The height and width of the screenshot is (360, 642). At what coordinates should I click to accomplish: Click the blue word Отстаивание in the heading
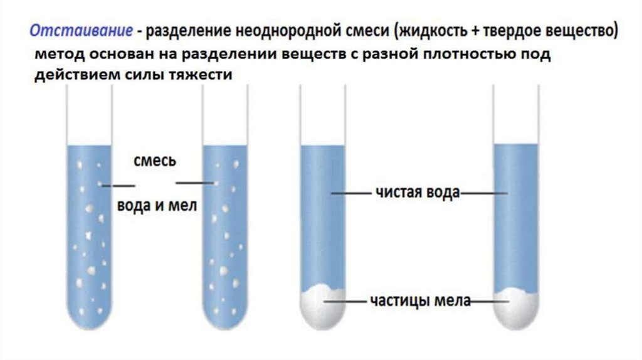tap(82, 31)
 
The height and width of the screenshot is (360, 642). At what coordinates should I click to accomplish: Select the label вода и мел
tap(157, 206)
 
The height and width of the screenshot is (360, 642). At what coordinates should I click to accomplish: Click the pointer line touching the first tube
tap(118, 186)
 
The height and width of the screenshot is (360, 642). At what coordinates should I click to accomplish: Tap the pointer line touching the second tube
tap(195, 183)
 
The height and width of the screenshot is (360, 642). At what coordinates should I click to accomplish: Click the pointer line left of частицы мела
tap(352, 302)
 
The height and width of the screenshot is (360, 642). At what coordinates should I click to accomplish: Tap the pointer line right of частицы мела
tap(487, 302)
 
